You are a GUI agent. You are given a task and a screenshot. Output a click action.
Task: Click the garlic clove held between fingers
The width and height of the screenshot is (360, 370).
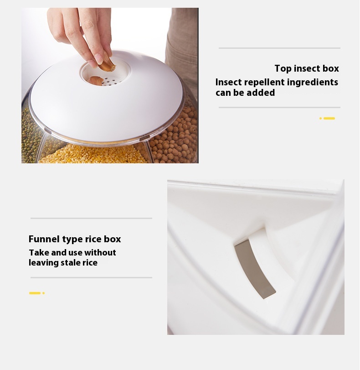click(x=107, y=64)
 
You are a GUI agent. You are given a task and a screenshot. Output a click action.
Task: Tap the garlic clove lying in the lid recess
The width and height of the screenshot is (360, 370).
click(x=96, y=81)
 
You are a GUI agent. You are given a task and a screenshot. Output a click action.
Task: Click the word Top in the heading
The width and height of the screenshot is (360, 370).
click(x=283, y=69)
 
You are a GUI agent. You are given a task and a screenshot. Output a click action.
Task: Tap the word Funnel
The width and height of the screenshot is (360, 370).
click(x=44, y=239)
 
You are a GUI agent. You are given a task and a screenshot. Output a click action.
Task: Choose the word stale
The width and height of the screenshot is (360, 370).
click(x=71, y=263)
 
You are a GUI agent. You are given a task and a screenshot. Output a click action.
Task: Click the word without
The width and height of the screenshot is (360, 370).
click(x=100, y=252)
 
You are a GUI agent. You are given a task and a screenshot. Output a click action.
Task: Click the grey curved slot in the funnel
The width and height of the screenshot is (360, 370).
click(x=255, y=269)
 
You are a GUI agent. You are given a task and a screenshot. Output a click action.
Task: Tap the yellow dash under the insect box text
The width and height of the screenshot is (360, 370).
click(x=329, y=118)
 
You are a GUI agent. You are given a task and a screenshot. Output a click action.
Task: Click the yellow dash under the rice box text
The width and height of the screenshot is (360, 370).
click(x=35, y=293)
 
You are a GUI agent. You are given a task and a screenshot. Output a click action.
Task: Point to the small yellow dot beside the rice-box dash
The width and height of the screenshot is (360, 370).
click(x=44, y=293)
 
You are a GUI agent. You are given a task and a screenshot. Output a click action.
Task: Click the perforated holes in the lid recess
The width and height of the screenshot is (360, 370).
click(x=110, y=81)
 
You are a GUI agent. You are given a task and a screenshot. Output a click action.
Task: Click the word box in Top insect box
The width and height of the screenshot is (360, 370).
click(x=331, y=69)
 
